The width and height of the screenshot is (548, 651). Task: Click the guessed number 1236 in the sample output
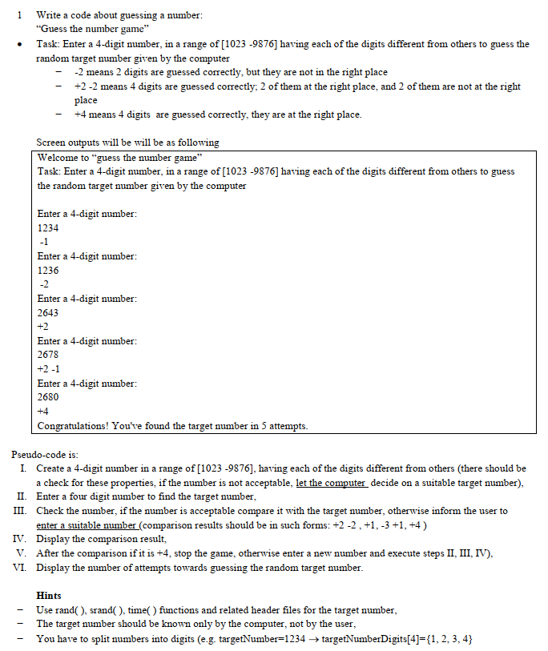[x=48, y=270]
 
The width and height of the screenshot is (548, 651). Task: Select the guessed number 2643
[x=48, y=312]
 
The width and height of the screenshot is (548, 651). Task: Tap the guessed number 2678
[x=48, y=355]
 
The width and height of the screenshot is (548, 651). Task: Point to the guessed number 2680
[x=48, y=397]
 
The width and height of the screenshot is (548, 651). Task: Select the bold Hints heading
[x=50, y=595]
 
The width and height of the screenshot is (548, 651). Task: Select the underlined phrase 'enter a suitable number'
[x=87, y=524]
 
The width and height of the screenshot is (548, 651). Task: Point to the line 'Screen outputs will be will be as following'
[x=128, y=143]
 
